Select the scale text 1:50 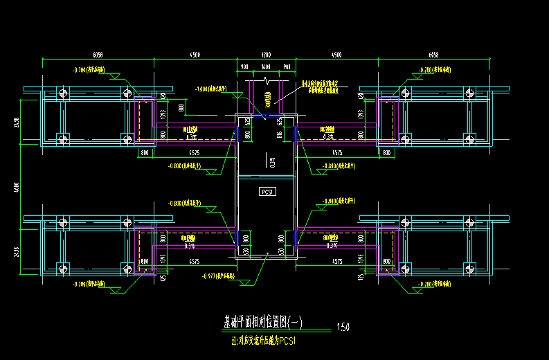tap(343, 327)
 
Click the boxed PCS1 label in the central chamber tap(267, 191)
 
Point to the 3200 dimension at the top tap(266, 54)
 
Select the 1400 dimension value tap(265, 68)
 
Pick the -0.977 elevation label tap(219, 276)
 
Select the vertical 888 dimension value tap(181, 107)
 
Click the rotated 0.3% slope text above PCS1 tap(273, 163)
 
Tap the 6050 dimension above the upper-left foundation tap(98, 54)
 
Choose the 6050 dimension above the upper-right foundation tap(433, 54)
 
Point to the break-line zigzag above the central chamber tap(267, 82)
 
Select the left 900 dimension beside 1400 tap(244, 68)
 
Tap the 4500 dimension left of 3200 tap(195, 54)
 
